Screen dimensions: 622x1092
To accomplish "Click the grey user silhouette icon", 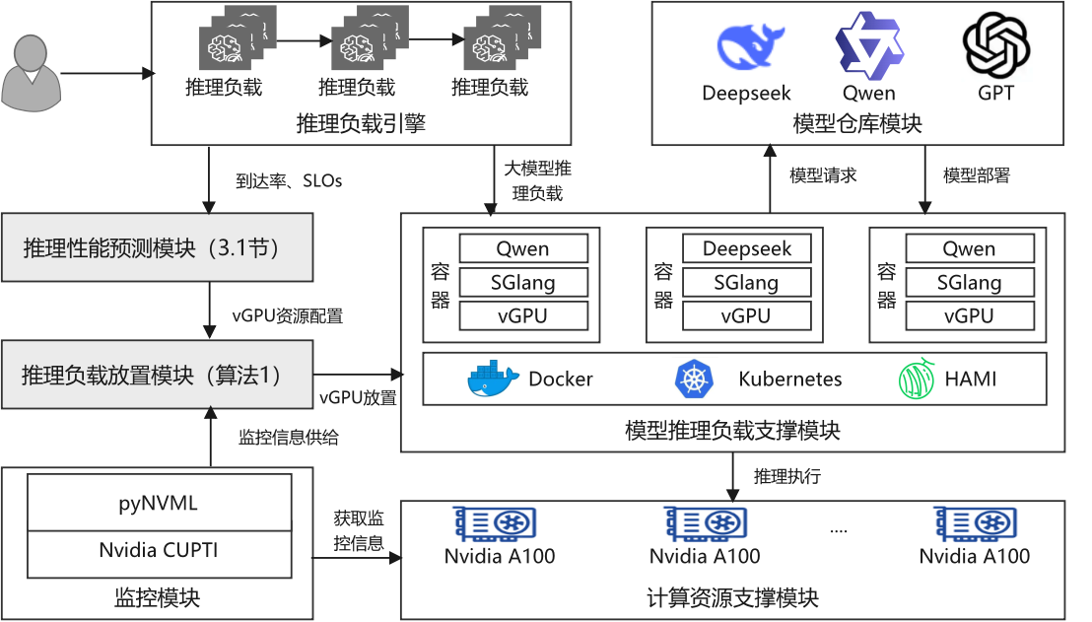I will (x=32, y=75).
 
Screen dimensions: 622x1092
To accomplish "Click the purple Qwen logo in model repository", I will (x=868, y=45).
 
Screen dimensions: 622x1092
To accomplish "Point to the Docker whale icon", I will (x=493, y=380).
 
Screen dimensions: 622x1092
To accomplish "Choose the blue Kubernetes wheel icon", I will (x=693, y=380).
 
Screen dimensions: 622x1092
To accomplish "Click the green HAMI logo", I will (x=917, y=380).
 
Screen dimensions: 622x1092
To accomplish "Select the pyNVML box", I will (x=159, y=503).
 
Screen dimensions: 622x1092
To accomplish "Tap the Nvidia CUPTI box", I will (x=159, y=551).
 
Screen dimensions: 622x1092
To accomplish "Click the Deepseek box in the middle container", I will (x=746, y=248).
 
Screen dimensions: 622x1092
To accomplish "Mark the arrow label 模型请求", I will (x=823, y=175).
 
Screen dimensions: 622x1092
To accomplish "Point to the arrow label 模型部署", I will (x=976, y=175).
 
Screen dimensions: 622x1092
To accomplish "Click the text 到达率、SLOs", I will (x=288, y=181).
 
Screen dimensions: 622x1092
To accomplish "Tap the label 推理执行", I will (x=786, y=477).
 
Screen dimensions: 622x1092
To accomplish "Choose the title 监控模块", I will (x=158, y=597).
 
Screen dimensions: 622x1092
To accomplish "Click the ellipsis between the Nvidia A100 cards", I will (x=839, y=530).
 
